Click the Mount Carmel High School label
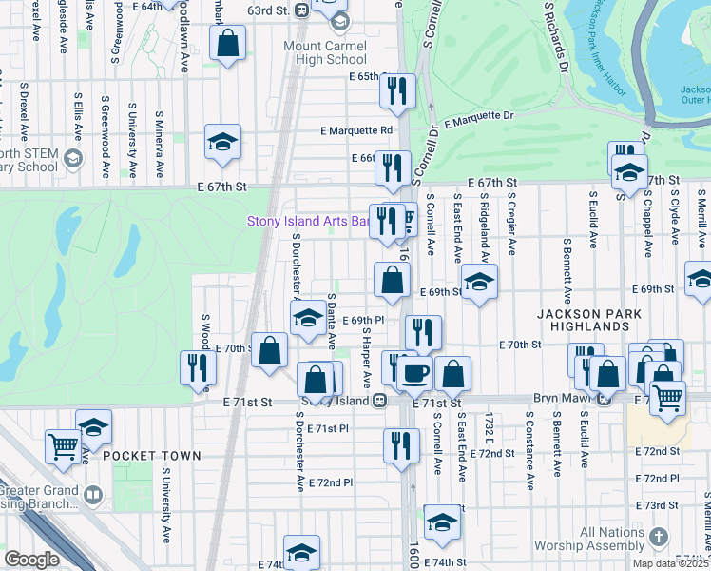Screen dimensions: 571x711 coord(324,52)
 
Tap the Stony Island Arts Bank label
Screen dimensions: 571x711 coord(307,222)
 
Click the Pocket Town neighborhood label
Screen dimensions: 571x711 coord(152,456)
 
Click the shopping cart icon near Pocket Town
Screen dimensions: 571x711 coord(63,444)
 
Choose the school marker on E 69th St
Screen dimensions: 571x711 coord(479,281)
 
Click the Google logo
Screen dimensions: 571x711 coord(31,560)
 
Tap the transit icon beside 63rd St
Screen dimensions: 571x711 coord(300,10)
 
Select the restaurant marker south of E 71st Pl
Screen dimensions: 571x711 coord(401,444)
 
